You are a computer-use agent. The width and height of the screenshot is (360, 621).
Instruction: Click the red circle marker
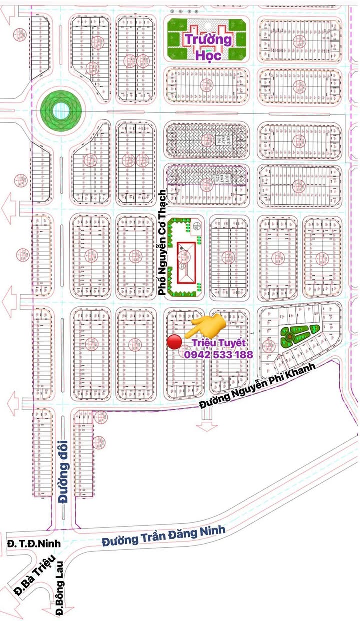tap(174, 342)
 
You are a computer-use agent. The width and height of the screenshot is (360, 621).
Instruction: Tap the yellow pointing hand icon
tap(205, 326)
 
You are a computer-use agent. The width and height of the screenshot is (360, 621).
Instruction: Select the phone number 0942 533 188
tap(218, 354)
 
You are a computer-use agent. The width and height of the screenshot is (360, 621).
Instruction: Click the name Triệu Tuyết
tap(219, 343)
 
